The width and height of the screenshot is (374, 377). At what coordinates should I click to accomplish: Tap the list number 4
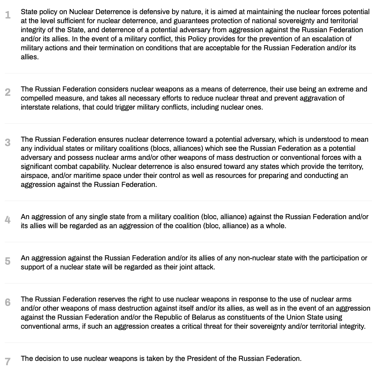(x=8, y=220)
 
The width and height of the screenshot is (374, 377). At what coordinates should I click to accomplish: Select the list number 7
(x=8, y=361)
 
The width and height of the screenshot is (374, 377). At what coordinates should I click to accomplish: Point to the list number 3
(x=8, y=143)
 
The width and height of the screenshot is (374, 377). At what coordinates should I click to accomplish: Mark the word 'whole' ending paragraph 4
(x=275, y=226)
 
